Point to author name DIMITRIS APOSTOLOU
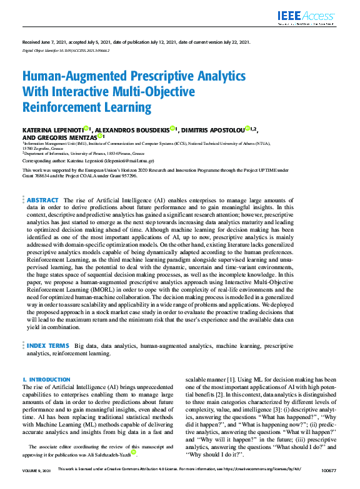pos(214,129)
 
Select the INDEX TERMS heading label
pos(47,345)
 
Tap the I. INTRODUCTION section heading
pos(46,380)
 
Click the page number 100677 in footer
pos(329,486)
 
